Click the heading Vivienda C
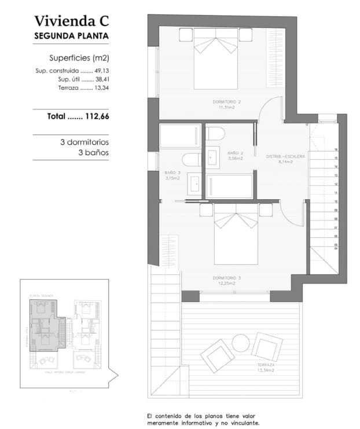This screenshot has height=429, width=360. [72, 22]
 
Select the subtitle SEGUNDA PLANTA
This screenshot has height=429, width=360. [72, 36]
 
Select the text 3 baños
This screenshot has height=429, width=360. [93, 153]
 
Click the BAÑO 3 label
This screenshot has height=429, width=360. [172, 175]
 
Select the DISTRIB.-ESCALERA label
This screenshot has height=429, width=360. [285, 158]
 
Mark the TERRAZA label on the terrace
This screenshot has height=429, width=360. [266, 367]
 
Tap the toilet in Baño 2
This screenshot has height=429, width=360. [215, 134]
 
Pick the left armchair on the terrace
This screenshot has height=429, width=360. [215, 354]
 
